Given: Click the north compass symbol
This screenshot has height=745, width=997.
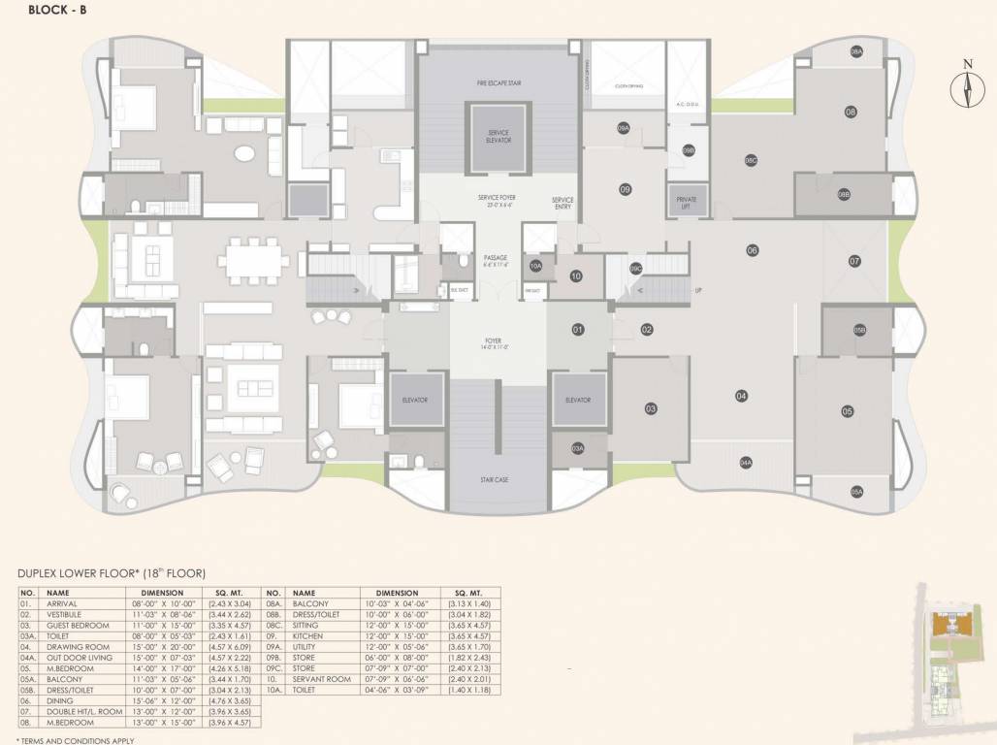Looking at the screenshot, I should pyautogui.click(x=967, y=86).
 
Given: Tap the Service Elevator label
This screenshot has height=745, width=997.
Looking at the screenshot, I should pyautogui.click(x=498, y=138).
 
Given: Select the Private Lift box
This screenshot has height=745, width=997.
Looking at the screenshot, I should pyautogui.click(x=687, y=203).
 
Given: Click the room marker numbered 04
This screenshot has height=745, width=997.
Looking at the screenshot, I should pyautogui.click(x=741, y=396).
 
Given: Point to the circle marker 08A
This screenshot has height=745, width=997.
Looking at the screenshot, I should pyautogui.click(x=856, y=52).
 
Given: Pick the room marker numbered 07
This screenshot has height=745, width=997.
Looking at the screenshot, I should pyautogui.click(x=854, y=261).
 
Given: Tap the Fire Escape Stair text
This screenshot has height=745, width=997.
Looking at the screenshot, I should pyautogui.click(x=498, y=83).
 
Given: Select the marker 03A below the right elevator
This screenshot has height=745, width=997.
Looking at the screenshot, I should pyautogui.click(x=577, y=448).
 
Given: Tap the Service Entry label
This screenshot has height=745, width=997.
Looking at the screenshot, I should pyautogui.click(x=563, y=202).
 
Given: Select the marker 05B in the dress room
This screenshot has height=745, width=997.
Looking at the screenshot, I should pyautogui.click(x=858, y=331).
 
